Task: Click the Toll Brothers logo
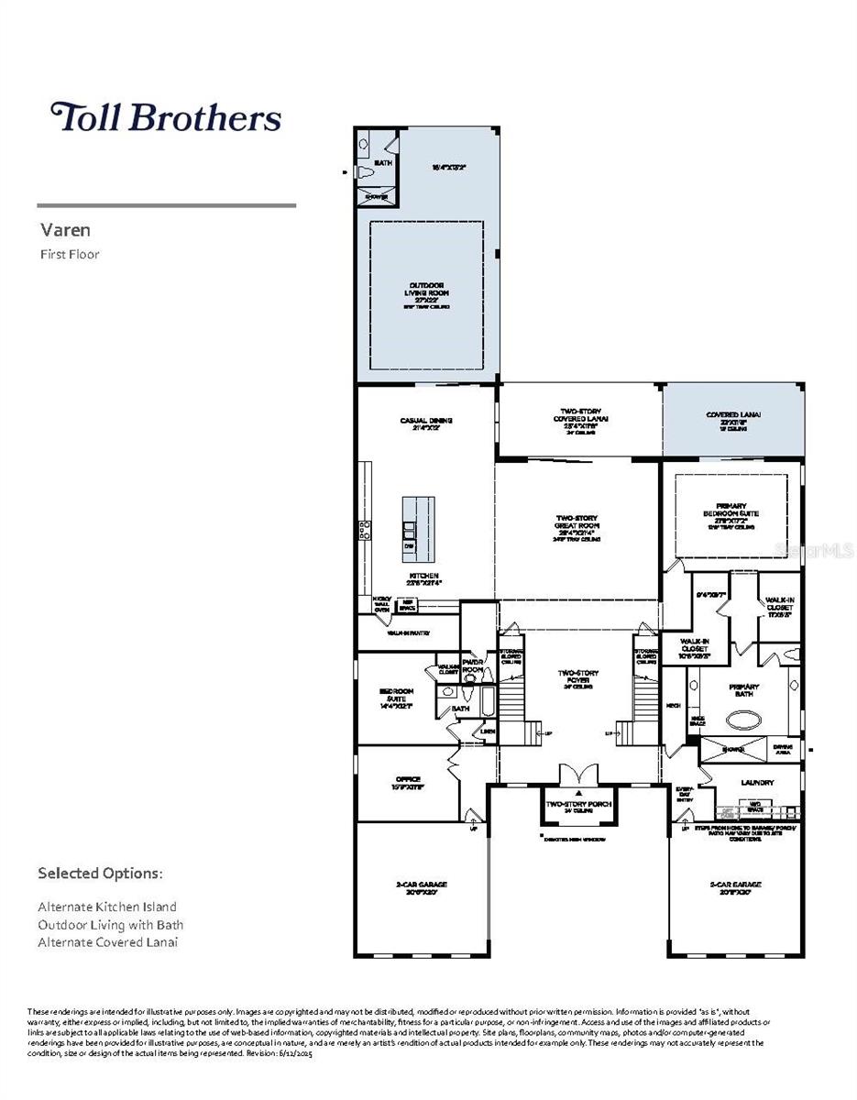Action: tap(165, 117)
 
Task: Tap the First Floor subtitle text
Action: tap(69, 254)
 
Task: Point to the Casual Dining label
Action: tap(426, 423)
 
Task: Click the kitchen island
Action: tap(418, 530)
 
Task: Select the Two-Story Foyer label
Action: tap(578, 678)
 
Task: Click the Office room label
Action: tap(407, 782)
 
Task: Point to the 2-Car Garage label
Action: tap(421, 887)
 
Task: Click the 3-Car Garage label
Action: tap(735, 887)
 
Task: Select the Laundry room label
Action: tap(757, 783)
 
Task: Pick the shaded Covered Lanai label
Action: tap(732, 418)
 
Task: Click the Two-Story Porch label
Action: tap(578, 805)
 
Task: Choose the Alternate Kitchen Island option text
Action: tap(107, 907)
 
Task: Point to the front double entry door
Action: tap(578, 775)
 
